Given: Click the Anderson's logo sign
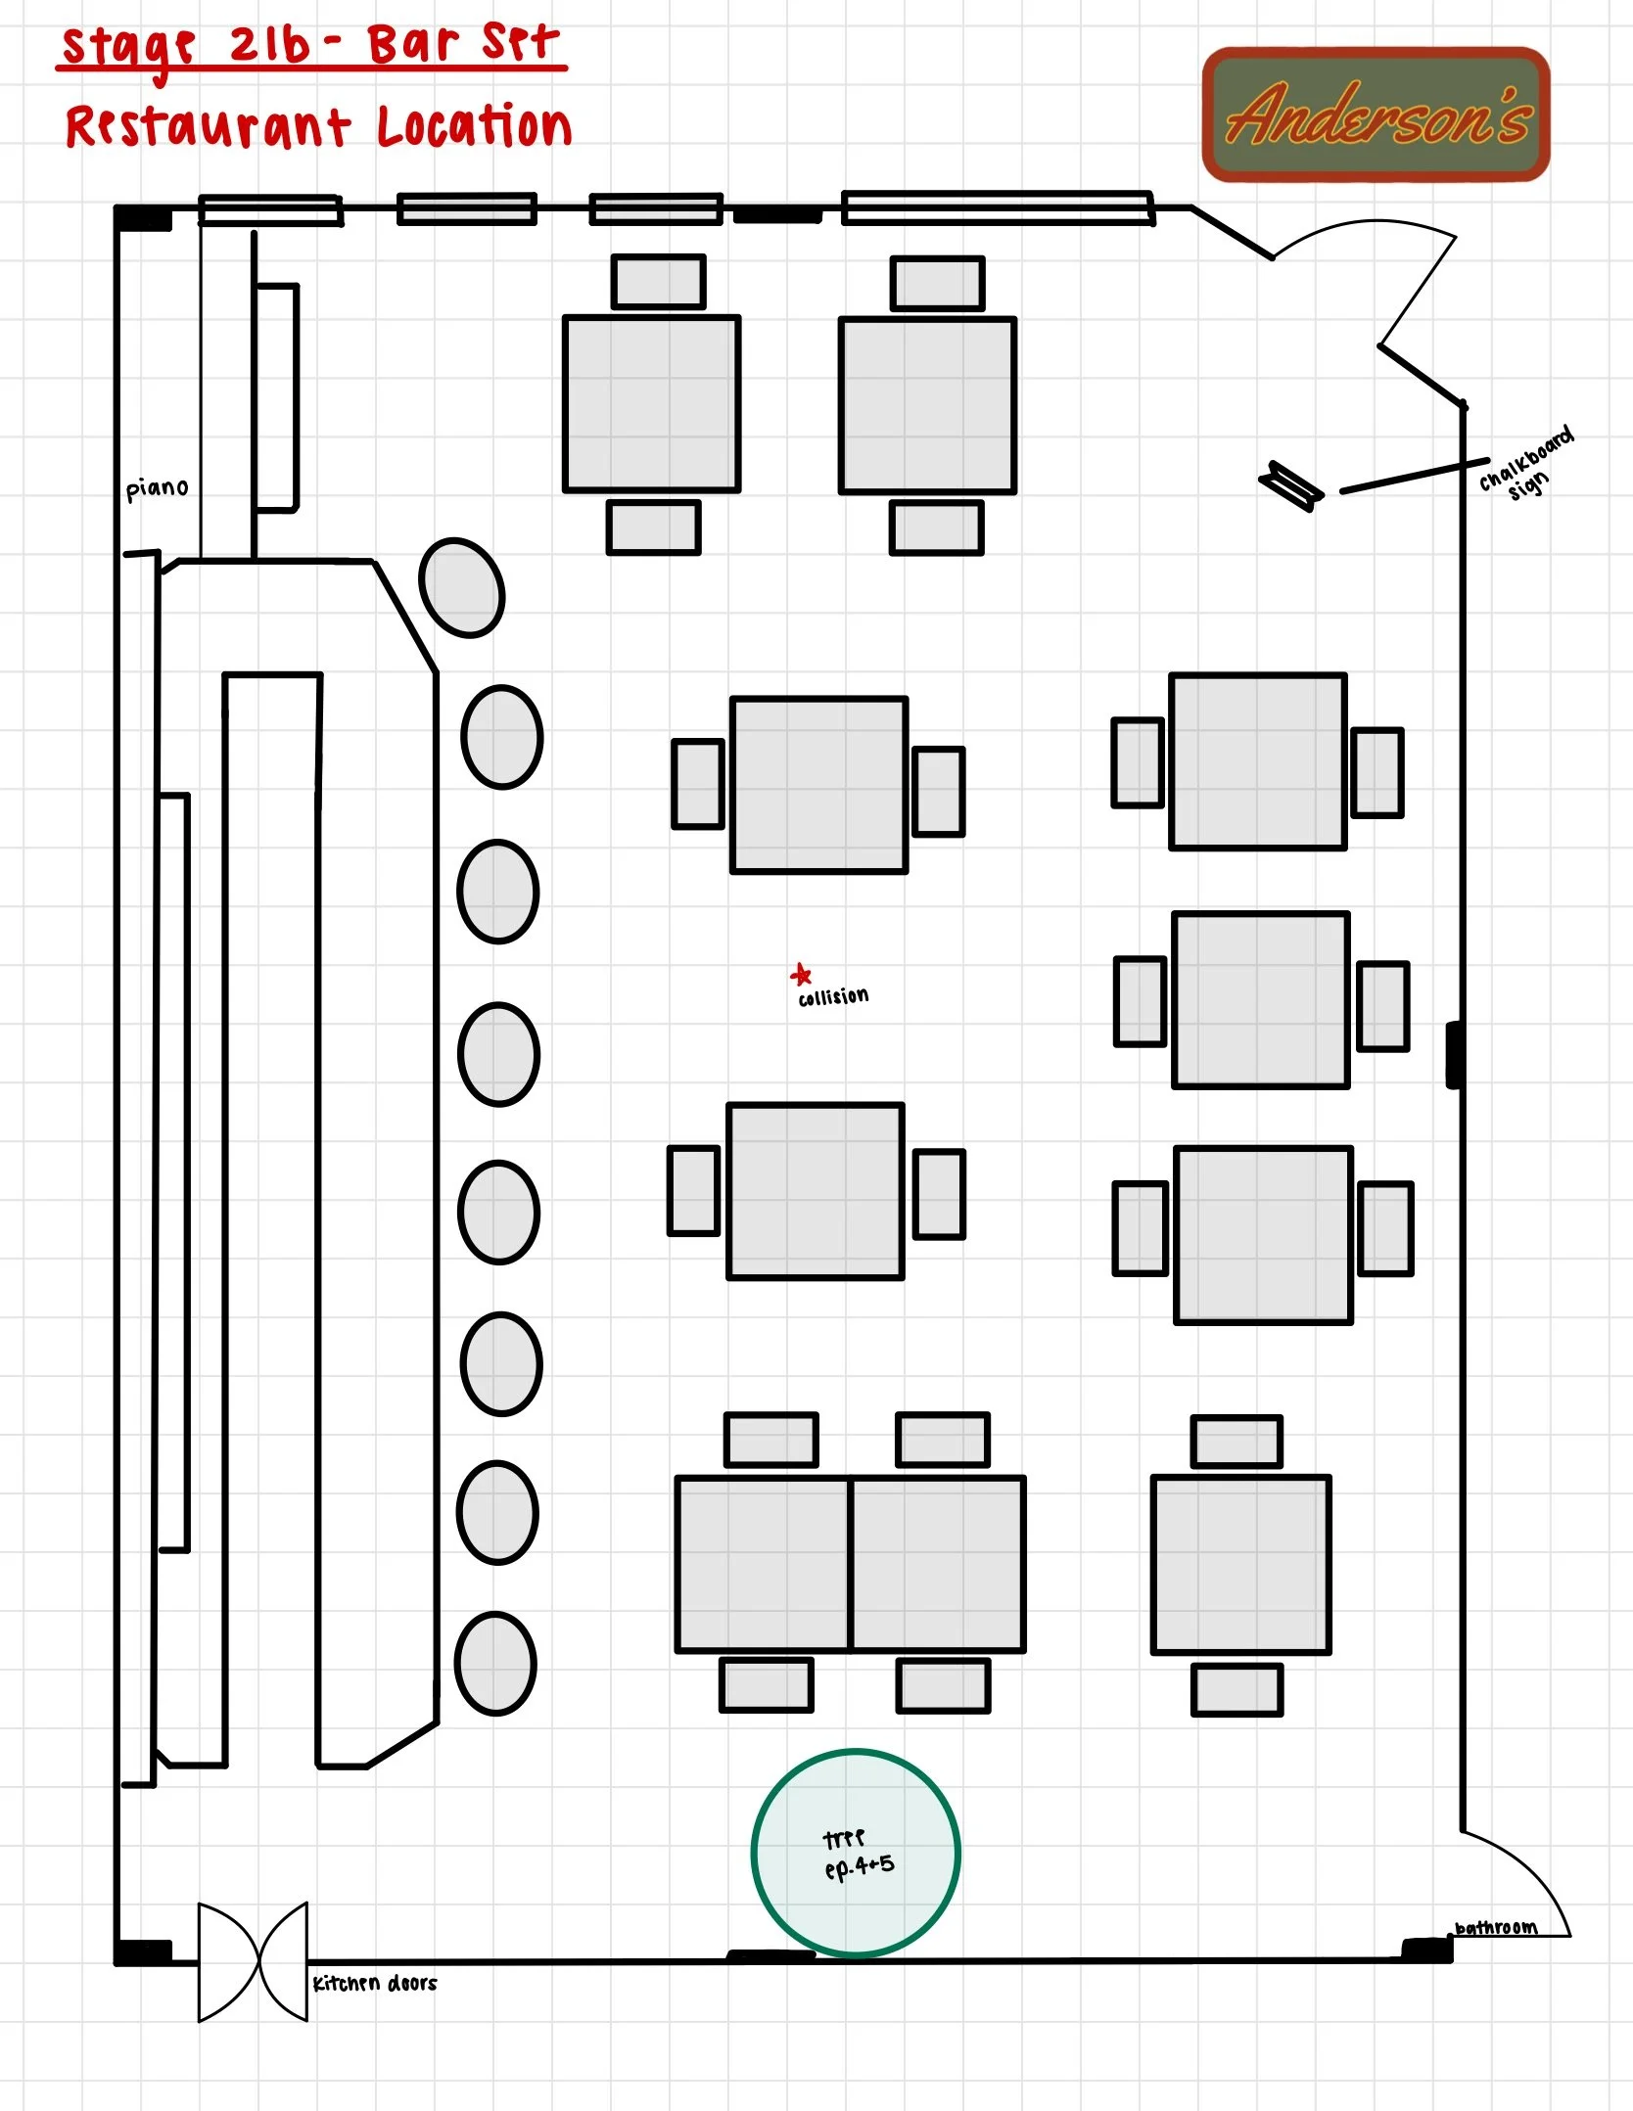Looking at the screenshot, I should [x=1376, y=115].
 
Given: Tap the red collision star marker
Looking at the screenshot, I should [x=801, y=975].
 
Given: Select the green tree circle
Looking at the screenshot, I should [x=856, y=1853].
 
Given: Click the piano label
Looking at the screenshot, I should [x=157, y=488].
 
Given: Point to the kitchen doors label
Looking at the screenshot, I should [x=374, y=1984].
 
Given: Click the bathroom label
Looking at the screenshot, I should [x=1495, y=1928].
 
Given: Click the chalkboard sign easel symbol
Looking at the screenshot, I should [x=1290, y=485].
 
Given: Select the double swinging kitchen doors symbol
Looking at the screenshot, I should [x=254, y=1961].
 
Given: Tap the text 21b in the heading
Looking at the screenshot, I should [x=269, y=45].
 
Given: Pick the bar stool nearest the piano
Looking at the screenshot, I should [x=461, y=587].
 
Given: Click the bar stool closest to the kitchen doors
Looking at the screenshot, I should [x=495, y=1664].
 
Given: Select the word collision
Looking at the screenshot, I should [x=833, y=997].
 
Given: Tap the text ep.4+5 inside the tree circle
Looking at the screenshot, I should [x=859, y=1867].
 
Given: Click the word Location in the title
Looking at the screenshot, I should [x=475, y=127].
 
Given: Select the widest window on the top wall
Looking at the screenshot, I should [x=998, y=208].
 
